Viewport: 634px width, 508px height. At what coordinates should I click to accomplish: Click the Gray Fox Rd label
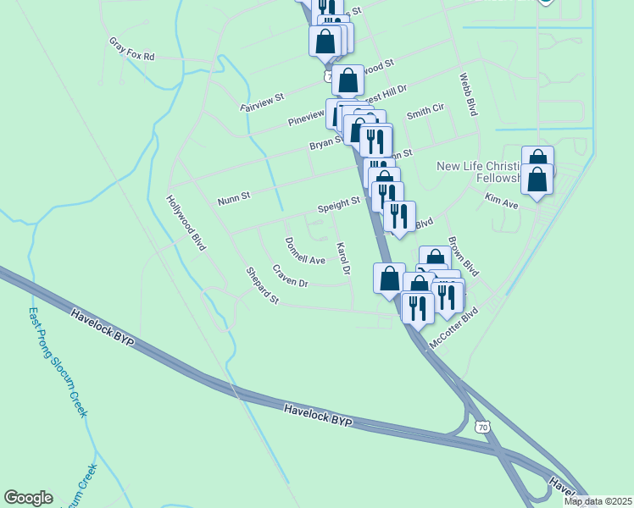tap(132, 49)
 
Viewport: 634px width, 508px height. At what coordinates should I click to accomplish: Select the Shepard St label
tap(262, 285)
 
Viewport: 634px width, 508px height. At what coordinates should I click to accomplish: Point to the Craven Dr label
tap(290, 275)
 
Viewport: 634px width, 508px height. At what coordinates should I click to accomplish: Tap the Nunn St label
tap(234, 199)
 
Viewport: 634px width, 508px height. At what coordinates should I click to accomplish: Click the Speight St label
tap(339, 204)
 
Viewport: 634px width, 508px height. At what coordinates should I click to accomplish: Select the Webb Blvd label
tap(469, 93)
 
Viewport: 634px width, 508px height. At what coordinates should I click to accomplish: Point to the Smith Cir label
tap(425, 112)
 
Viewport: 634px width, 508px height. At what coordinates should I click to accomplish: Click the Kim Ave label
tap(501, 201)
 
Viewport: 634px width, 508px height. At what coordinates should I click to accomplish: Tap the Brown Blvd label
tap(464, 256)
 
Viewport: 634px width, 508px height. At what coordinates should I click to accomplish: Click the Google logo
tap(28, 498)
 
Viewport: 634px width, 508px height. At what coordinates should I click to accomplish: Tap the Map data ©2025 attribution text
tap(598, 501)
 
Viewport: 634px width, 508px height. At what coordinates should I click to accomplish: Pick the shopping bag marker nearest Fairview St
tap(348, 80)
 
